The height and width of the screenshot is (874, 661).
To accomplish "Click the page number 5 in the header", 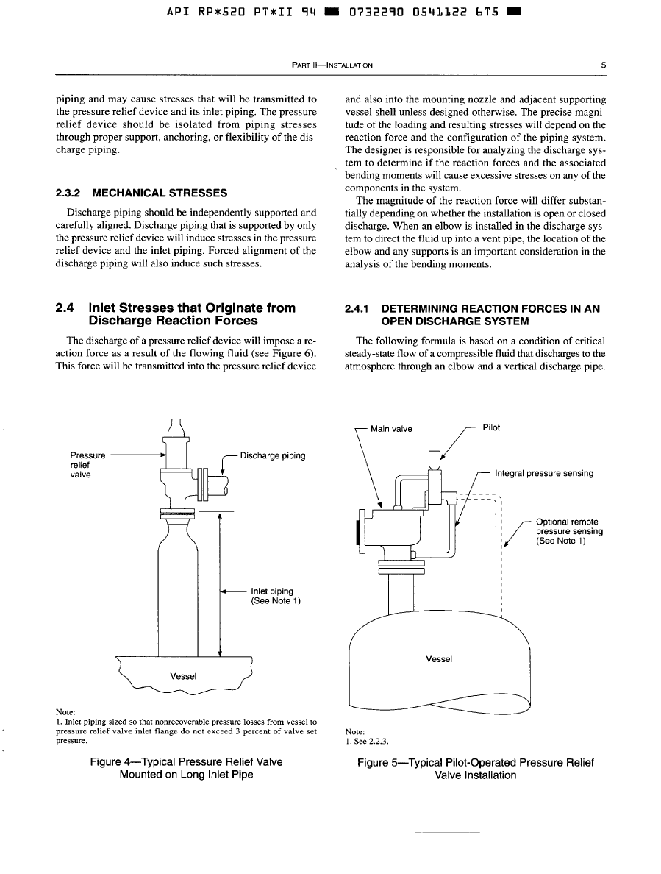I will coord(603,65).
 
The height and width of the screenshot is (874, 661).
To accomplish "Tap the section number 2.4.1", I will coord(359,310).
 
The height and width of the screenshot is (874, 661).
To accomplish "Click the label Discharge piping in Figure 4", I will coord(272,455).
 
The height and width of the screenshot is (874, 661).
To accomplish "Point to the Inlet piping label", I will coord(272,591).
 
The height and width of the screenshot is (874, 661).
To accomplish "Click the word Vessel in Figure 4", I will coord(183,675).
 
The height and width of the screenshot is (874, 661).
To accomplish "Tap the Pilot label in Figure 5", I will coord(491,427).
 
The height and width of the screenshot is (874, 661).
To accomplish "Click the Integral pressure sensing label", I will coord(544,473).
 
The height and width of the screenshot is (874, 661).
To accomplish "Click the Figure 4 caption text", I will coord(186,768).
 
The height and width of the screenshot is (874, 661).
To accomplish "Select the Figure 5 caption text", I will coord(475,769).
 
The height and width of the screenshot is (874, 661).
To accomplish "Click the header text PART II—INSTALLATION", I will coord(332,65).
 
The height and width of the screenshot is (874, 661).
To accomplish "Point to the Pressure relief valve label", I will coord(82,465).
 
